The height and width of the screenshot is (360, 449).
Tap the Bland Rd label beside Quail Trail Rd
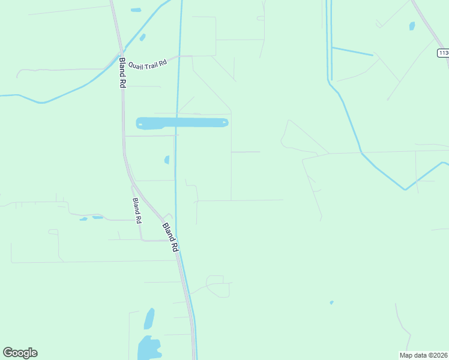coord(122,73)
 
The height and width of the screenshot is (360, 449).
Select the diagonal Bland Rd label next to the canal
coord(171,238)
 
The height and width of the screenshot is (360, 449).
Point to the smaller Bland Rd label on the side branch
coord(137,211)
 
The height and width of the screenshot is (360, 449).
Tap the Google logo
coord(20,353)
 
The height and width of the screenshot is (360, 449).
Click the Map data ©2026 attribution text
coord(423,355)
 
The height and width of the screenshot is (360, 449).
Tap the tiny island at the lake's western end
coord(140,125)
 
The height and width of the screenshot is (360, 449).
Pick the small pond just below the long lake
coord(167,160)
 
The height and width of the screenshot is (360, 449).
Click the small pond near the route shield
coord(412,26)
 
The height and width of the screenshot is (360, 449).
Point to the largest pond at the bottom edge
coord(148,348)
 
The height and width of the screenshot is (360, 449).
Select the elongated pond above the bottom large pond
coord(149,319)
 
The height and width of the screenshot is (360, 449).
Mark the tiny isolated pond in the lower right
coord(331,302)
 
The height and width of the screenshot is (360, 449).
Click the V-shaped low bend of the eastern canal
coord(405,190)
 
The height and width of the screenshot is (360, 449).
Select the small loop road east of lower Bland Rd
coord(217,286)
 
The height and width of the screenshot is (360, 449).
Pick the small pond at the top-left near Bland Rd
coord(136,10)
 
